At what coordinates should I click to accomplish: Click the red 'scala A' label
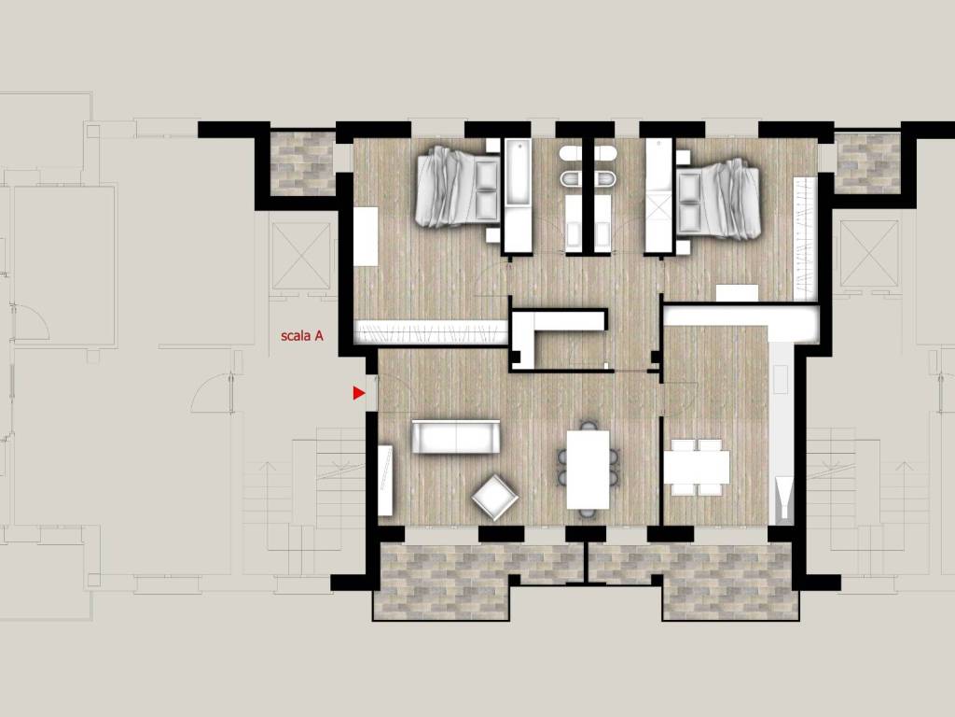pos(301,336)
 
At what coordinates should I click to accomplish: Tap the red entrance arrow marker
pos(359,393)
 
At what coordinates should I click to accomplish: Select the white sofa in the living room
pos(455,437)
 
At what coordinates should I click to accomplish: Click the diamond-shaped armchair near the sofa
pos(494,497)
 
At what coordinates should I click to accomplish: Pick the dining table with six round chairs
pos(588,470)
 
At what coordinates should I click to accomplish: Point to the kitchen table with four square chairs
pos(696,467)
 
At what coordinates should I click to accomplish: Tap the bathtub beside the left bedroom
pos(519,172)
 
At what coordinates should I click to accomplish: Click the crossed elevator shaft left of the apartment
pos(301,256)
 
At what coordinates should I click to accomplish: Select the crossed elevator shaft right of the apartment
pos(869,253)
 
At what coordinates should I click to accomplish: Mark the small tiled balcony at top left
pos(303,163)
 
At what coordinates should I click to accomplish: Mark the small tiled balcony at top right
pos(868,162)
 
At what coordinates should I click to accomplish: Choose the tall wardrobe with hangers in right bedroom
pos(805,238)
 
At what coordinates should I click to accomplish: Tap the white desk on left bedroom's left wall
pos(366,236)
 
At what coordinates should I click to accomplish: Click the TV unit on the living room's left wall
pos(385,481)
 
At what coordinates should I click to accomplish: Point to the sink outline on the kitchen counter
pos(781,379)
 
